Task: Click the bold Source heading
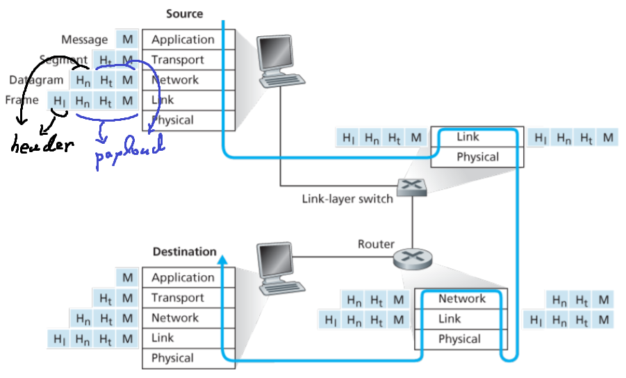tap(185, 13)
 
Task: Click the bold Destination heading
tap(184, 251)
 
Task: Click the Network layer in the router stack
tap(461, 299)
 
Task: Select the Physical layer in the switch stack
tap(477, 156)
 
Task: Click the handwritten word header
tap(42, 146)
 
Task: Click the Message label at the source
tap(84, 40)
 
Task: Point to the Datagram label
tap(36, 80)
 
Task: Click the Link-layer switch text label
tap(347, 198)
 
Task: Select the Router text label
tap(376, 244)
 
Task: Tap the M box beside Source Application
tap(126, 40)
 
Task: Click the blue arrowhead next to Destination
tap(222, 260)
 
